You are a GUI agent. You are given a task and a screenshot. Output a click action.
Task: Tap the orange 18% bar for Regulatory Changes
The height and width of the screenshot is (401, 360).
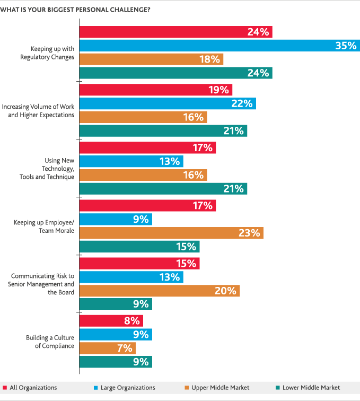coord(151,59)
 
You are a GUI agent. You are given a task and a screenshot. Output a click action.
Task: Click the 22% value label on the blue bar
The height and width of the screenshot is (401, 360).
coord(241,103)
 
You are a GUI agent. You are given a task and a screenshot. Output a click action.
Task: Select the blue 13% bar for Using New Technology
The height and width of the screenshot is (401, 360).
coord(131,161)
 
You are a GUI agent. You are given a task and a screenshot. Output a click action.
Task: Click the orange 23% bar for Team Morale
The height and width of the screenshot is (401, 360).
coord(171,233)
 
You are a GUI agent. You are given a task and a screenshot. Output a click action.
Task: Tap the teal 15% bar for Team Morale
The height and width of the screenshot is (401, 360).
coord(139,247)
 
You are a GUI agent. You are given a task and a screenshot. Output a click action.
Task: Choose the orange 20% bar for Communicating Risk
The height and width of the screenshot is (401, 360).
coord(159,291)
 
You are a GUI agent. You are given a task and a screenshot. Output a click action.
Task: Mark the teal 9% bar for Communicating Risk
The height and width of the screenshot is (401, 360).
coord(116,304)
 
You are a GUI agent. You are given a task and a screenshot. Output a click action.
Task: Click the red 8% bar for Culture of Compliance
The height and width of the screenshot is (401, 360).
coord(111,321)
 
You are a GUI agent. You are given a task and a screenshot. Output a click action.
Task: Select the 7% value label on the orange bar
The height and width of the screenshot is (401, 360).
coord(124,348)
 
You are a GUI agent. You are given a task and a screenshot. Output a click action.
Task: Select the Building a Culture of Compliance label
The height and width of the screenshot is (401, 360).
coord(50,342)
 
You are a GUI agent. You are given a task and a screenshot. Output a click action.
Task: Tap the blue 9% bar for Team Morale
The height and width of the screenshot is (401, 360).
coord(116,219)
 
